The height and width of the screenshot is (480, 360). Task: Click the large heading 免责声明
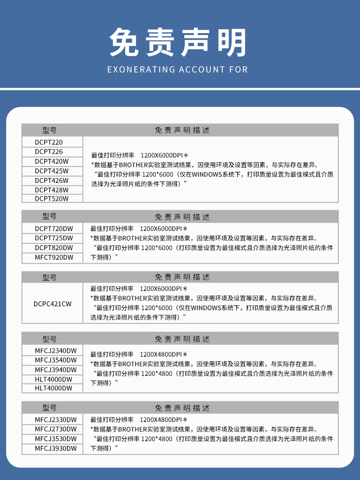pyautogui.click(x=179, y=42)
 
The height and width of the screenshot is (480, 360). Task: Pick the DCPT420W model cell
pyautogui.click(x=52, y=161)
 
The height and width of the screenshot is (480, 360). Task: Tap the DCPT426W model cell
pyautogui.click(x=52, y=180)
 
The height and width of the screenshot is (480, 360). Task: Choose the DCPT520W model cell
pyautogui.click(x=52, y=198)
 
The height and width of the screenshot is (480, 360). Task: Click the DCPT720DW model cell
pyautogui.click(x=54, y=228)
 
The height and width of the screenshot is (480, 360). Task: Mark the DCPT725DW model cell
pyautogui.click(x=54, y=238)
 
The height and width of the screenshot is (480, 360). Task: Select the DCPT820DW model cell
pyautogui.click(x=54, y=248)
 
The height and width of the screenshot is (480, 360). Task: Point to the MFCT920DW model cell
pyautogui.click(x=54, y=258)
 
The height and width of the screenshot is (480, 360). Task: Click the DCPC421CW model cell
pyautogui.click(x=53, y=304)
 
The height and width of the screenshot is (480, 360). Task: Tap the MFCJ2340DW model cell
pyautogui.click(x=56, y=350)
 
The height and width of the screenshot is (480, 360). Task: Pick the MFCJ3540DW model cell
pyautogui.click(x=56, y=360)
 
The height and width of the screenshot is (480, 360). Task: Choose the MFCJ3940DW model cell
pyautogui.click(x=56, y=370)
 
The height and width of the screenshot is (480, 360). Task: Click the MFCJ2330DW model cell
pyautogui.click(x=56, y=420)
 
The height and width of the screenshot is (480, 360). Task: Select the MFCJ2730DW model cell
pyautogui.click(x=56, y=429)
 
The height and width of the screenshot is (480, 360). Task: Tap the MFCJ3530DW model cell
pyautogui.click(x=56, y=439)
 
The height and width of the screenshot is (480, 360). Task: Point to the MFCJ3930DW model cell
pyautogui.click(x=56, y=449)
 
